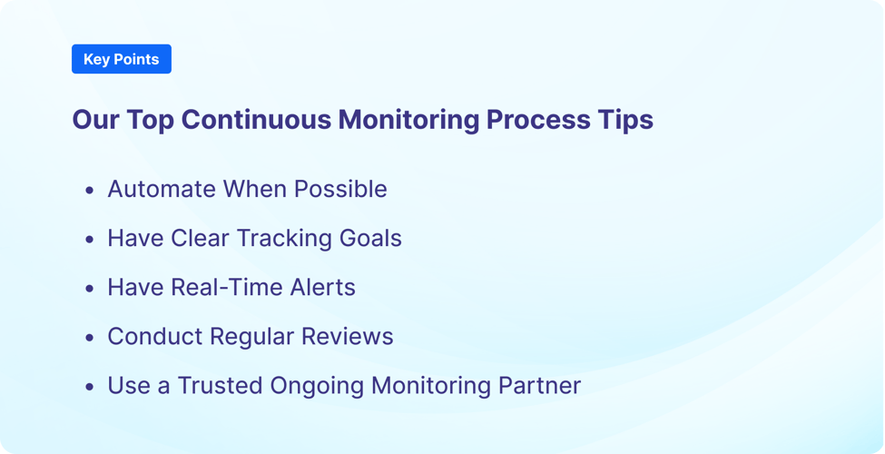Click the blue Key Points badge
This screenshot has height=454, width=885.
click(x=121, y=59)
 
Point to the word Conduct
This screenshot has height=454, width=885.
click(x=154, y=336)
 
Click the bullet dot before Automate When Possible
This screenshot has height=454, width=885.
click(x=89, y=191)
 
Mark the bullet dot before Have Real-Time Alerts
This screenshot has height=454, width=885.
click(x=89, y=289)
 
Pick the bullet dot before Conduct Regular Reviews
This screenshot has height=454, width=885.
click(x=89, y=338)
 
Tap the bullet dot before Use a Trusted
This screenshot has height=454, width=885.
click(x=89, y=387)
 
